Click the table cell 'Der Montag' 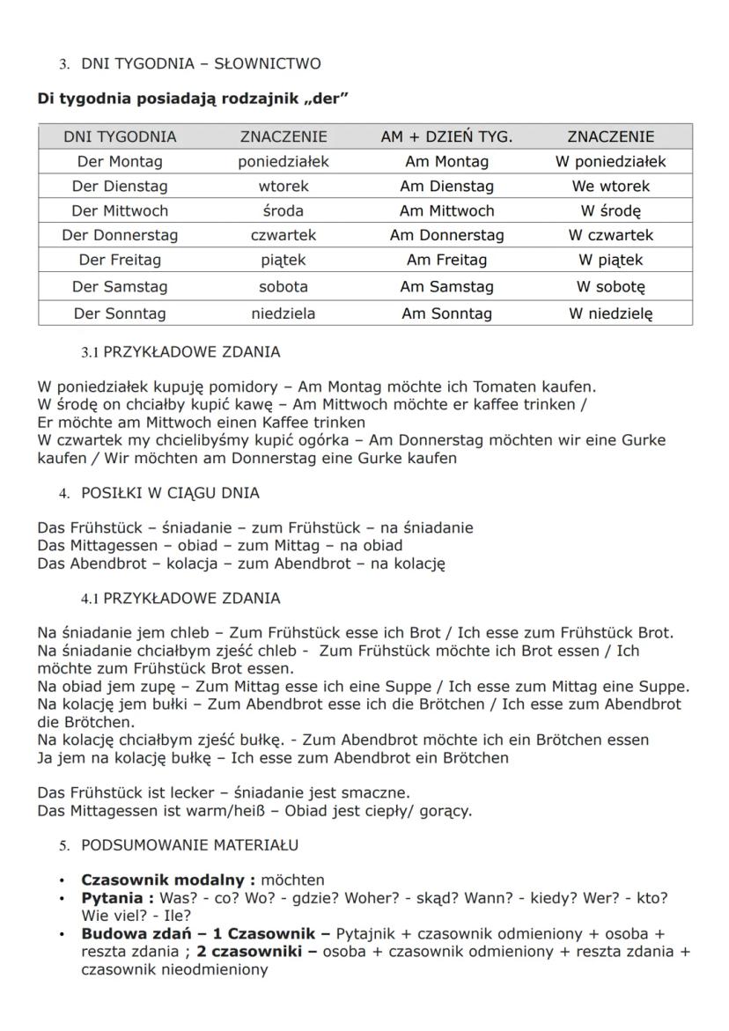[x=120, y=161]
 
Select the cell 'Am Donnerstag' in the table [x=446, y=235]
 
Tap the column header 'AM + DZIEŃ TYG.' [x=446, y=136]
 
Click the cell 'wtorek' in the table [x=283, y=186]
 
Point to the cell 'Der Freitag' [x=120, y=260]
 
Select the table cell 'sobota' [x=283, y=286]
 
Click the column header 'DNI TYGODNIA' [x=120, y=136]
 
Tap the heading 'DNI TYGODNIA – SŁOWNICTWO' [x=201, y=63]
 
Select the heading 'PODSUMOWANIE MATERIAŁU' [x=189, y=845]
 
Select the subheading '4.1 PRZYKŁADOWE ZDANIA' [x=180, y=599]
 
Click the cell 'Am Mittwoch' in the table [x=446, y=210]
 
